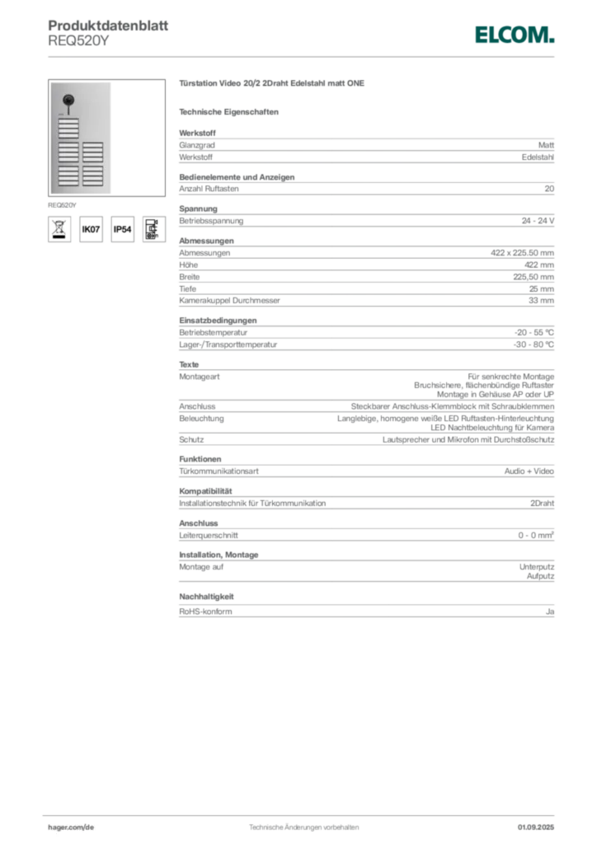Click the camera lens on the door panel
pos(68,101)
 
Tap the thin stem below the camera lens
pos(68,111)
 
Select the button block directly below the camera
pos(68,129)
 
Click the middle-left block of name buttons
pos(68,152)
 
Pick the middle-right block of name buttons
pos(93,152)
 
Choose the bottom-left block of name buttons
pos(68,176)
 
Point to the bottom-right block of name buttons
pos(93,176)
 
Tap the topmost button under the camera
pos(68,120)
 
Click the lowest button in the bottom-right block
pos(93,183)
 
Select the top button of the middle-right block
pos(93,144)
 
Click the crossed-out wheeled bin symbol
pos(59,229)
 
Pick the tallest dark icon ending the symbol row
pos(152,228)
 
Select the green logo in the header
pos(513,34)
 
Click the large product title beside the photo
pos(273,84)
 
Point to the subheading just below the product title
pos(231,111)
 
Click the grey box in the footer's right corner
pos(537,822)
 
